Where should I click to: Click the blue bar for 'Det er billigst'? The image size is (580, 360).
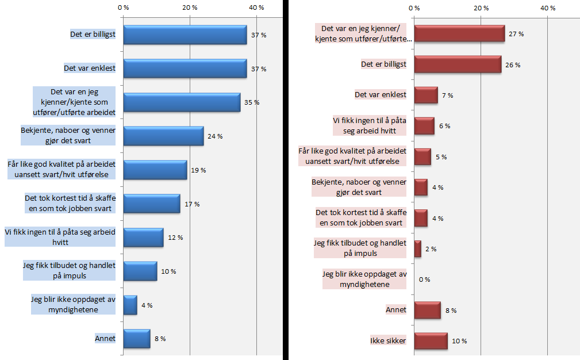point(185,35)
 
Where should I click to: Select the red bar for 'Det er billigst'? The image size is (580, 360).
point(457,64)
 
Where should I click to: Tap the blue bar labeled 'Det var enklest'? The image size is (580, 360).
point(185,68)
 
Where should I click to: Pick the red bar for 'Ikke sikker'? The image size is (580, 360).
point(430,341)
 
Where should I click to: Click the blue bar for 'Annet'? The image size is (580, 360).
point(136,339)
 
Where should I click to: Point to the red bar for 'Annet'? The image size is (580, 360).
point(427,310)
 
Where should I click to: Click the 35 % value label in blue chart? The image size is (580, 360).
point(252,102)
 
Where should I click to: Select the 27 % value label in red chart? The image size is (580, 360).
point(516,34)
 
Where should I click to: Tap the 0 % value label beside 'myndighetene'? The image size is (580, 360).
point(424,279)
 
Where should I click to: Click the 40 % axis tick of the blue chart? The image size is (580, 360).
point(256,7)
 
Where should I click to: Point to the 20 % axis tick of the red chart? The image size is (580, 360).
point(481,7)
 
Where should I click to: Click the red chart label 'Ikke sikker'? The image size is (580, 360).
point(388,341)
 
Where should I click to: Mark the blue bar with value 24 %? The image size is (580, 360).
point(163,136)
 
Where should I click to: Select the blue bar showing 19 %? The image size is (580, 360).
point(155,170)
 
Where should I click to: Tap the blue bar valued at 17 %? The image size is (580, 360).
point(152,204)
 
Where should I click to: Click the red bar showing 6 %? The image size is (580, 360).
point(424,126)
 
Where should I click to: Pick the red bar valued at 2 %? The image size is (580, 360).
point(417,249)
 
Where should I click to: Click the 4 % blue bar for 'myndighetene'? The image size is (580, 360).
point(130,305)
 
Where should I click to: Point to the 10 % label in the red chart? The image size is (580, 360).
point(459,341)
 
